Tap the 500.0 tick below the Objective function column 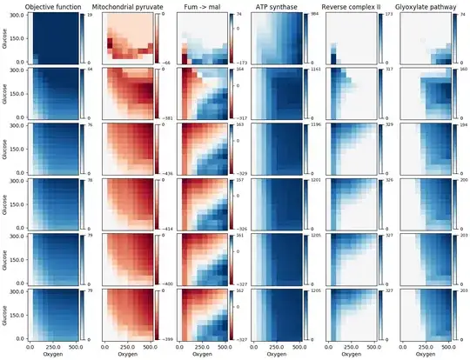click(77, 347)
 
